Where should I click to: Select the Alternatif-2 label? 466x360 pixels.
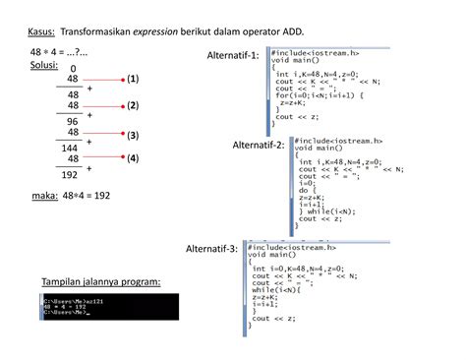point(257,145)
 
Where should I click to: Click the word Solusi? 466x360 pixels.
point(44,65)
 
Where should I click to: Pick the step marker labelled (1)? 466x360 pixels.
point(133,77)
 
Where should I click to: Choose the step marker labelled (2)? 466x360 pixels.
point(133,104)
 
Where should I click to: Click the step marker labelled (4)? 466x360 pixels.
point(133,157)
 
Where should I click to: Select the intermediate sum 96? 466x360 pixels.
point(73,121)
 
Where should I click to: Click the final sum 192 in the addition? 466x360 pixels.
point(70,175)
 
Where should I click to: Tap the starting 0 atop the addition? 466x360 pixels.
point(73,69)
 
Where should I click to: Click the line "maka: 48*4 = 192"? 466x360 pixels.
point(71,196)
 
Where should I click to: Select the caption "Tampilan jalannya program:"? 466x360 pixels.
point(101,282)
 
